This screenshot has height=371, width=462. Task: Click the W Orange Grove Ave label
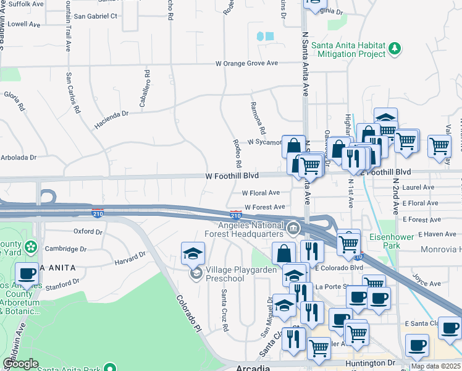(x=247, y=63)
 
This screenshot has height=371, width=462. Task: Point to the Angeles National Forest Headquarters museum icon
(x=293, y=229)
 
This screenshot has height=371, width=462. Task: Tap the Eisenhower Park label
(x=388, y=241)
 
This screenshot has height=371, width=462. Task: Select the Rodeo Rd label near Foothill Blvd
(x=237, y=153)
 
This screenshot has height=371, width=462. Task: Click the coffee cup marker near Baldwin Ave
(x=27, y=273)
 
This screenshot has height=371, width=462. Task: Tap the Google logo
(x=20, y=364)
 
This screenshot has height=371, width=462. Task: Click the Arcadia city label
(x=253, y=367)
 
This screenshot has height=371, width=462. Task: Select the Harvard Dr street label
(x=130, y=258)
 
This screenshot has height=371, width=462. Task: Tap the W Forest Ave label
(x=264, y=207)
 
